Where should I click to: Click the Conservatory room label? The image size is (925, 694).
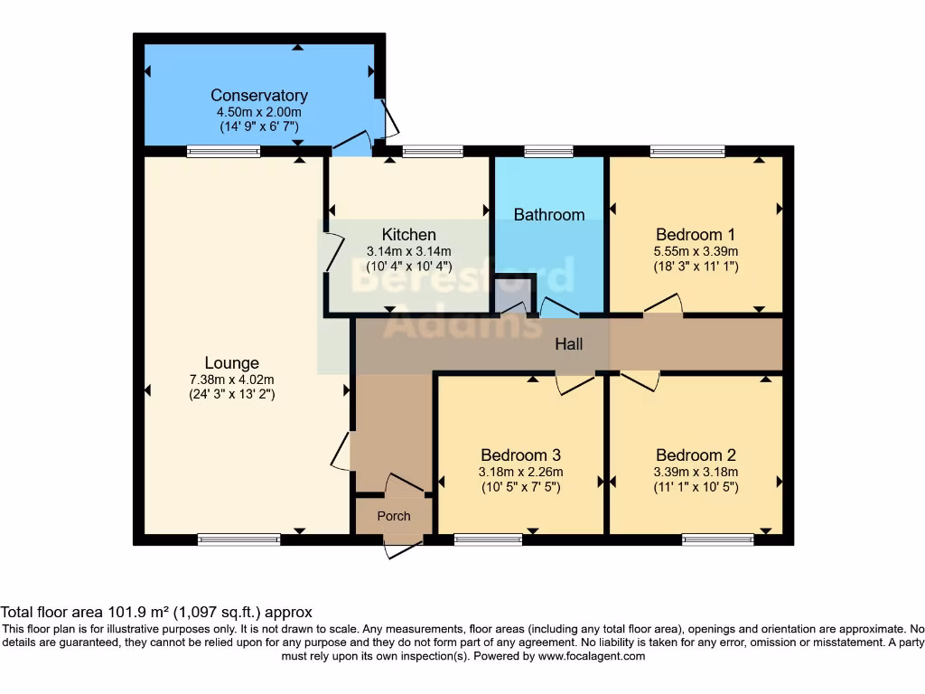[259, 95]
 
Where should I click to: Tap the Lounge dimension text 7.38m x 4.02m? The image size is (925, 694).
[232, 380]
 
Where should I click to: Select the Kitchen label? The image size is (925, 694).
[408, 235]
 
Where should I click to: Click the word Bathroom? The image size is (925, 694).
[549, 214]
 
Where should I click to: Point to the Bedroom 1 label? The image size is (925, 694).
[696, 235]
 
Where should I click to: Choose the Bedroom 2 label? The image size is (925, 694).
[696, 455]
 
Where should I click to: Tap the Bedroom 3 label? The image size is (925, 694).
[521, 455]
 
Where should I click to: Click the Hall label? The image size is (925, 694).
[569, 344]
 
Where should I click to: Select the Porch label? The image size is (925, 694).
[393, 516]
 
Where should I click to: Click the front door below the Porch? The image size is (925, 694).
[403, 545]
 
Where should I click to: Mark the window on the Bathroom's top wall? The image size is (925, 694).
[548, 152]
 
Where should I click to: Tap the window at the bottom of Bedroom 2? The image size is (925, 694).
[717, 539]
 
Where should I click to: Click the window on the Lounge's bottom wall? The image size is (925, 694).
[239, 539]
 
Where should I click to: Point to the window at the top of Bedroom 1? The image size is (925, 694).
[687, 152]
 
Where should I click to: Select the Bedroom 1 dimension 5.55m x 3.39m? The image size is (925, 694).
[696, 251]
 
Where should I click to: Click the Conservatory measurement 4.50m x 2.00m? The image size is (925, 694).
[259, 111]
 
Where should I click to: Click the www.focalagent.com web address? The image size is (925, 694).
[591, 656]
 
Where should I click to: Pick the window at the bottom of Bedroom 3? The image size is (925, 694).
[488, 539]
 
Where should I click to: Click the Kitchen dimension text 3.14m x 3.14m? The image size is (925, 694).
[408, 251]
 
